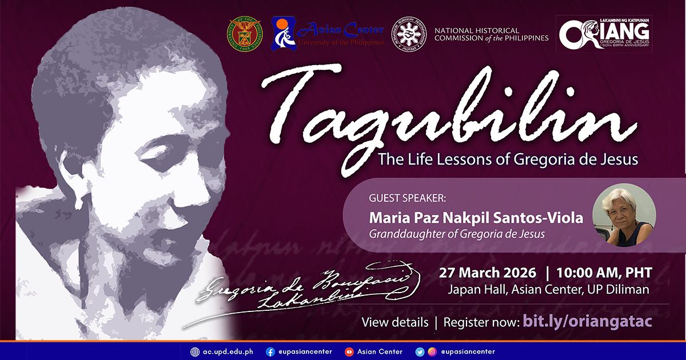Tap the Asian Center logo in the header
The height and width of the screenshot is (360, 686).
click(x=328, y=33)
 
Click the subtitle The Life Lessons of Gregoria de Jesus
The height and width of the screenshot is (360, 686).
click(x=508, y=159)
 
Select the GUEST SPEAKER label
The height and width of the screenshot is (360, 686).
click(x=408, y=199)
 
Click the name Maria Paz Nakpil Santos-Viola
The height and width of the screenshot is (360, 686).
click(x=476, y=218)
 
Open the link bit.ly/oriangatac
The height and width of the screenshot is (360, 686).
click(x=587, y=322)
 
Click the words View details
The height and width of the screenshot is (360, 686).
click(x=395, y=322)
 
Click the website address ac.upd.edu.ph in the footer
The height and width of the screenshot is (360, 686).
click(x=228, y=351)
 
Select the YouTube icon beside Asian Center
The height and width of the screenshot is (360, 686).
click(x=349, y=351)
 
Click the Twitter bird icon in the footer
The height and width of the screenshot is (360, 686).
click(x=420, y=351)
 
